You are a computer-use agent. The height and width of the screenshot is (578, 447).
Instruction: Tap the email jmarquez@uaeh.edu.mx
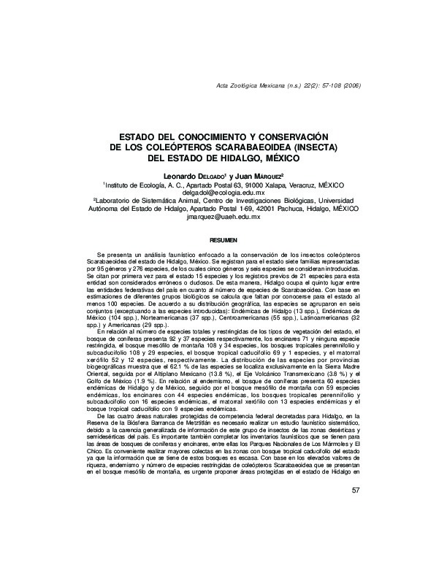pos(223,217)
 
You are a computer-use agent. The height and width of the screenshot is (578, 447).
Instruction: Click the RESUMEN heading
pos(223,239)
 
